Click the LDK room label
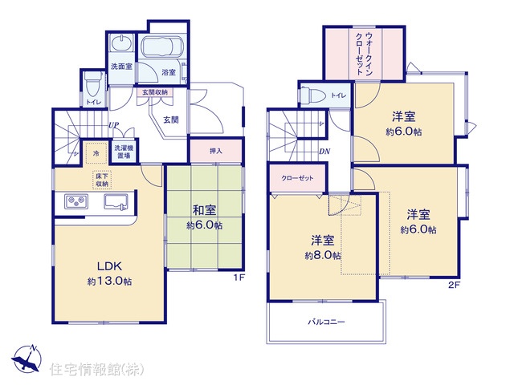coord(109,266)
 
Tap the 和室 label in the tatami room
coord(204,210)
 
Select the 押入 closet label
coord(216,151)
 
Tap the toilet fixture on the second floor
coord(312,95)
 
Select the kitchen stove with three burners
coord(76,201)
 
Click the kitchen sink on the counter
coord(116,201)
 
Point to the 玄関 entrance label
coord(171,120)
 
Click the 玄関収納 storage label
coord(155,92)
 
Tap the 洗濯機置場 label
coord(124,152)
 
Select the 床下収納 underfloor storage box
coord(102,180)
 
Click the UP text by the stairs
coord(114,125)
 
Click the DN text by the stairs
coord(324,152)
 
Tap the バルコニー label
coord(326,322)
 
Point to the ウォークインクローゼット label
coord(364,54)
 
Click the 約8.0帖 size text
coord(323,256)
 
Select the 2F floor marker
coord(455,285)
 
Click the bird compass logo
coord(27,359)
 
